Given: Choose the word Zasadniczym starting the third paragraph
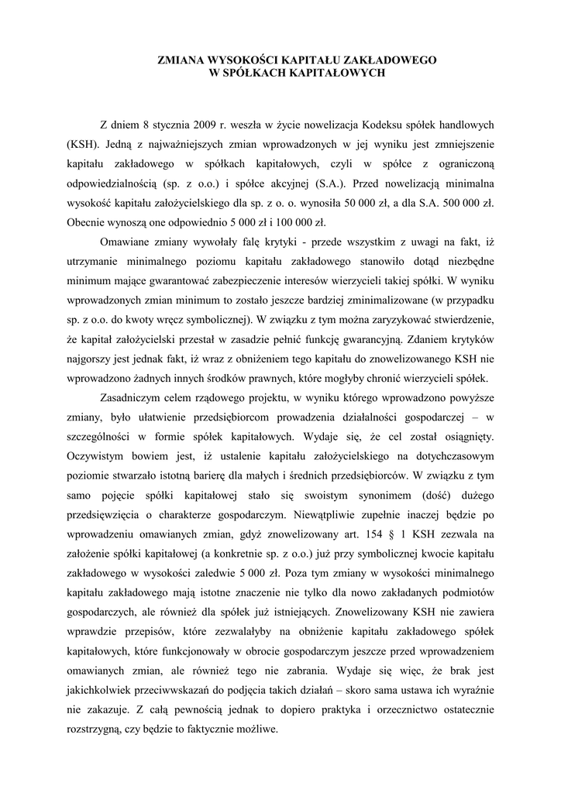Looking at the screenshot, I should (133, 398).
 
